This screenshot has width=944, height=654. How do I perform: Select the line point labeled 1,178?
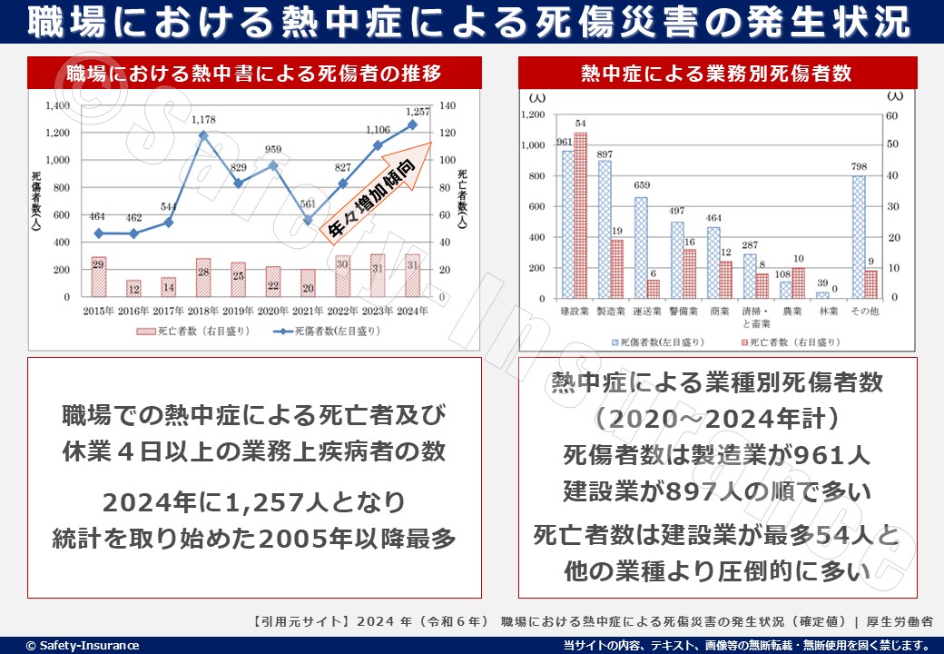pyautogui.click(x=203, y=136)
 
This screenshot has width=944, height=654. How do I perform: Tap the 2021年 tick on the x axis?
pyautogui.click(x=310, y=310)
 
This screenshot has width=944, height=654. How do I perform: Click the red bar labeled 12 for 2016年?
pyautogui.click(x=133, y=288)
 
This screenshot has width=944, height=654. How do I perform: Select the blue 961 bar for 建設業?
pyautogui.click(x=567, y=223)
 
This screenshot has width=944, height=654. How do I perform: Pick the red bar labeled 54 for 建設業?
pyautogui.click(x=580, y=215)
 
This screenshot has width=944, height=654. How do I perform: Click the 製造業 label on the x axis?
pyautogui.click(x=611, y=312)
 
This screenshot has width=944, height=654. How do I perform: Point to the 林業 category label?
pyautogui.click(x=829, y=312)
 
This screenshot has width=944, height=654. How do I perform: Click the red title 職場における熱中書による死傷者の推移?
pyautogui.click(x=254, y=73)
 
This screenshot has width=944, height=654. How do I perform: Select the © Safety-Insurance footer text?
pyautogui.click(x=83, y=645)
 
